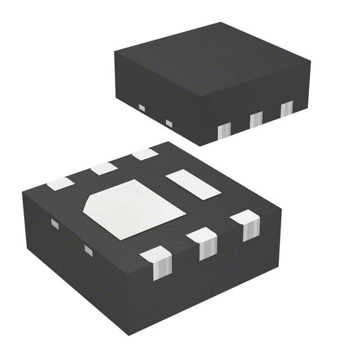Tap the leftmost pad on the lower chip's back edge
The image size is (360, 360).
60,183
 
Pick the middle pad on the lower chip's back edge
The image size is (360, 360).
103,168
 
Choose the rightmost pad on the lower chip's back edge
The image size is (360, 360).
145,154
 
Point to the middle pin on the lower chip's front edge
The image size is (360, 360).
202,242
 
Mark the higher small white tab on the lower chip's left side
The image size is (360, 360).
55,223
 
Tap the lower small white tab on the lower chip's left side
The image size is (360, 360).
88,250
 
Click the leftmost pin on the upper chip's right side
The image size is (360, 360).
224,131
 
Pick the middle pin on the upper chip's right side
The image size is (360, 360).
256,119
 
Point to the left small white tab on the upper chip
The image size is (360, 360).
142,107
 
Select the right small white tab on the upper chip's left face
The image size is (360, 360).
168,123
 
